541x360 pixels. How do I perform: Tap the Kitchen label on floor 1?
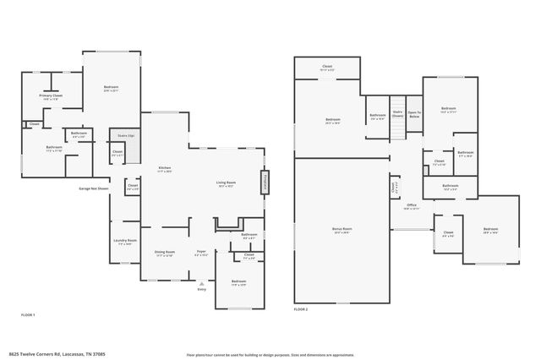pyautogui.click(x=164, y=169)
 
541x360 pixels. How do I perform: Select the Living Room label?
pyautogui.click(x=225, y=183)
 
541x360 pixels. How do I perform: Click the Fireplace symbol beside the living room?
pyautogui.click(x=265, y=183)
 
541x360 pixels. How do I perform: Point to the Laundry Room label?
pyautogui.click(x=125, y=242)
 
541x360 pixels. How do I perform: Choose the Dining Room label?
pyautogui.click(x=164, y=253)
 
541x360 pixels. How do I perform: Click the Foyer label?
pyautogui.click(x=201, y=253)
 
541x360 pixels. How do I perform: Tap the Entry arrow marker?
pyautogui.click(x=201, y=286)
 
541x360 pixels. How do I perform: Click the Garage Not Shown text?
pyautogui.click(x=93, y=188)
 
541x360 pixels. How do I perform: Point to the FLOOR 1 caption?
pyautogui.click(x=28, y=314)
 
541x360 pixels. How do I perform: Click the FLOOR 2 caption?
pyautogui.click(x=301, y=310)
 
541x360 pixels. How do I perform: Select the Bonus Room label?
pyautogui.click(x=342, y=230)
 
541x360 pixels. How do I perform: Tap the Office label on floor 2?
pyautogui.click(x=412, y=206)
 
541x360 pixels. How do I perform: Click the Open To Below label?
pyautogui.click(x=414, y=113)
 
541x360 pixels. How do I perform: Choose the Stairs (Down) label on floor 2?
pyautogui.click(x=397, y=114)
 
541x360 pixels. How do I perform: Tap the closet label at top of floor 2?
pyautogui.click(x=327, y=67)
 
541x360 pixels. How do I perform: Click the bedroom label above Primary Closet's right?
pyautogui.click(x=111, y=88)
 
